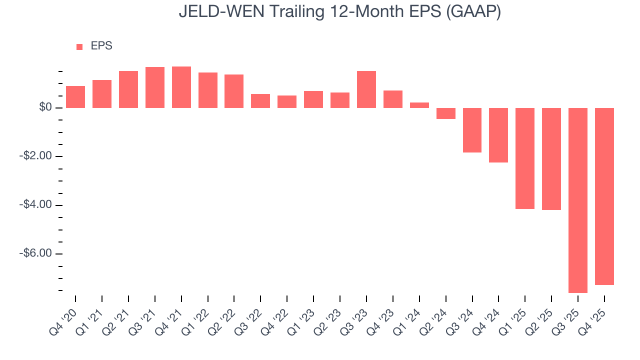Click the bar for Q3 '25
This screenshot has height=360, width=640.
click(577, 200)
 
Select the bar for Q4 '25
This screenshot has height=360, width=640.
click(604, 196)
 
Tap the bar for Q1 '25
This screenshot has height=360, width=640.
click(524, 158)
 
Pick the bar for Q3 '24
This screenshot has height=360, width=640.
click(472, 130)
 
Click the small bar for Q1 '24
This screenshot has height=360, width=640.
click(419, 105)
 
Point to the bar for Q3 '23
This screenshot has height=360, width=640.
click(366, 89)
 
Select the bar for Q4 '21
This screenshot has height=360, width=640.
click(181, 87)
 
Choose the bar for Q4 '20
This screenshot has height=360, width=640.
click(75, 97)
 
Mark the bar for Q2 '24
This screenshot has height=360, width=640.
click(445, 113)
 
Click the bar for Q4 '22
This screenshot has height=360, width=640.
click(287, 101)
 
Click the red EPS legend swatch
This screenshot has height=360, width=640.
click(79, 46)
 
